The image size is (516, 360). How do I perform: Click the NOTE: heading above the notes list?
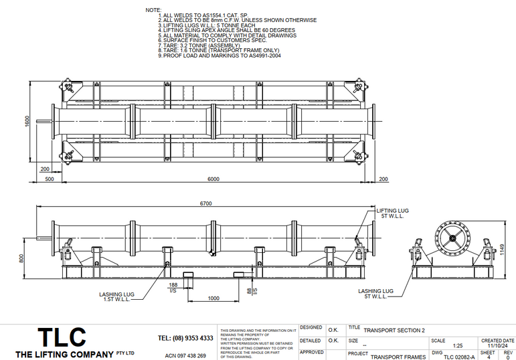[x=153, y=10]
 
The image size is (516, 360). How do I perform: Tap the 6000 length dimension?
[x=212, y=179]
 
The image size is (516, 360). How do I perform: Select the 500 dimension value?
[x=50, y=179]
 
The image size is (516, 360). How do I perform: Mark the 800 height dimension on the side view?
[x=22, y=258]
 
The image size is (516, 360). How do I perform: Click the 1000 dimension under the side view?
[x=213, y=298]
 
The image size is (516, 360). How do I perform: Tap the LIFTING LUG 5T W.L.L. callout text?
[x=392, y=213]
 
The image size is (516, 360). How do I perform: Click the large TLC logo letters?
[x=61, y=336]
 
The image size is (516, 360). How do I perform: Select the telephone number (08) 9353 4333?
[x=185, y=338]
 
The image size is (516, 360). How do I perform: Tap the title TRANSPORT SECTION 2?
[x=394, y=330]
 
